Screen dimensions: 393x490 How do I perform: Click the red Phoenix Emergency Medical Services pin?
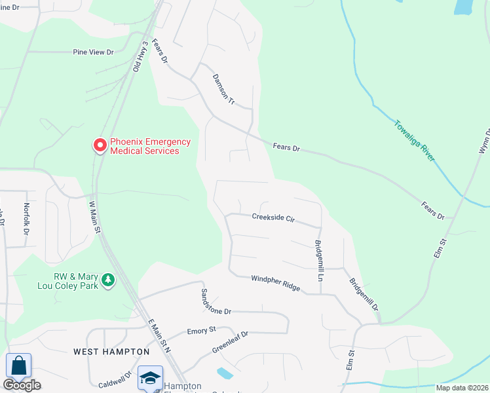click(x=100, y=145)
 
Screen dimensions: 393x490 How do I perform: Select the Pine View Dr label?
click(x=93, y=52)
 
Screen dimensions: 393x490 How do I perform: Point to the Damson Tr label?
click(x=223, y=90)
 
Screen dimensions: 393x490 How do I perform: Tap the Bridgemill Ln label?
click(x=319, y=261)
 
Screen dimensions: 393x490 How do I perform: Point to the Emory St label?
click(x=201, y=331)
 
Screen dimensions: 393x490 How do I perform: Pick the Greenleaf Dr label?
click(x=230, y=343)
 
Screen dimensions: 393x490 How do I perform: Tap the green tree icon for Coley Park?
click(x=108, y=280)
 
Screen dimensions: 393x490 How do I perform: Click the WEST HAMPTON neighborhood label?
click(x=111, y=352)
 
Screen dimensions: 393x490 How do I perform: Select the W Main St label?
click(x=95, y=217)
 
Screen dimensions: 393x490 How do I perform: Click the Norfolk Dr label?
click(x=27, y=219)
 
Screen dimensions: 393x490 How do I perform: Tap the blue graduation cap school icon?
click(x=150, y=378)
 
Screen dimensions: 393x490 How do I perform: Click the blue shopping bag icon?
click(x=18, y=365)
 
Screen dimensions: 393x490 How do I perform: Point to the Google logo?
click(x=22, y=385)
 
